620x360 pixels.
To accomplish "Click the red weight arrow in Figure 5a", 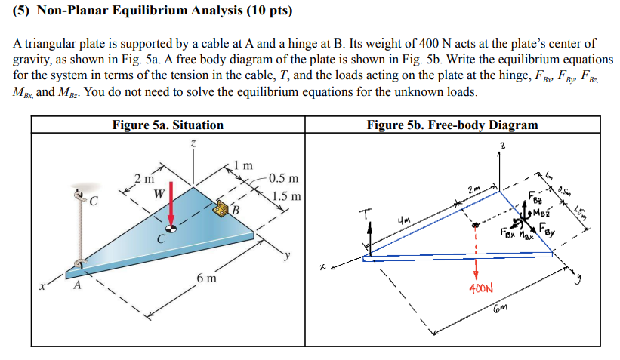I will tap(172, 202).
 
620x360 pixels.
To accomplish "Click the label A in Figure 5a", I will tap(76, 286).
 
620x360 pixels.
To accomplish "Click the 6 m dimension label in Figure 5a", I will tap(206, 278).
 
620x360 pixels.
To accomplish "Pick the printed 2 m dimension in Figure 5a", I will tap(143, 178).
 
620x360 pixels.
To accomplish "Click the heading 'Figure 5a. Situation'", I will tap(168, 125).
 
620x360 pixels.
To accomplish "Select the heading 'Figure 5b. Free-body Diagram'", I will tap(452, 125).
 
